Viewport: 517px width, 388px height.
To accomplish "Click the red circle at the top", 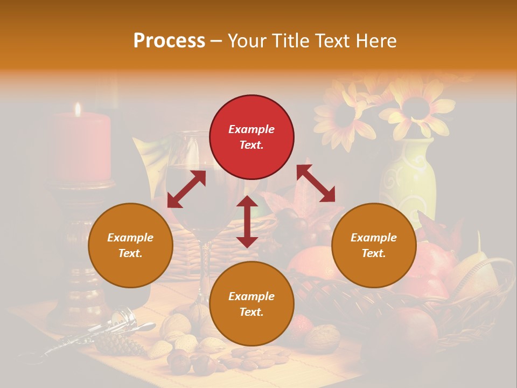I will pos(251,137).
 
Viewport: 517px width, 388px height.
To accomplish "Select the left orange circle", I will pos(130,245).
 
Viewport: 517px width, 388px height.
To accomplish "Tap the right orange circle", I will pos(374,245).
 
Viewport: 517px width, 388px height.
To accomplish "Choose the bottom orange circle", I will pos(251,304).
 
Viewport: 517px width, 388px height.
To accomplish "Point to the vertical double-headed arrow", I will pos(247,221).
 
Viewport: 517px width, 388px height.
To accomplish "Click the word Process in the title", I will pos(169,40).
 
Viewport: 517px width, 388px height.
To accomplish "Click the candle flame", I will pos(78,109).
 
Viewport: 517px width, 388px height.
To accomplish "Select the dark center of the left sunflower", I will pos(344,115).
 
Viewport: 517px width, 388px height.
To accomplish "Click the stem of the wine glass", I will pos(204,269).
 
